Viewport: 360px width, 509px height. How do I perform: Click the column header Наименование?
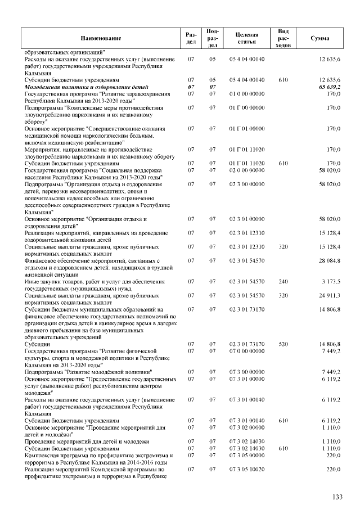[100, 38]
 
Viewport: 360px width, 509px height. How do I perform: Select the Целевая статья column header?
[247, 38]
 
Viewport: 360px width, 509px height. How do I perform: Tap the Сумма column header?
[319, 38]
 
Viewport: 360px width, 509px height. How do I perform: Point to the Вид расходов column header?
[283, 38]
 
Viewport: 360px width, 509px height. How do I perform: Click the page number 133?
[337, 497]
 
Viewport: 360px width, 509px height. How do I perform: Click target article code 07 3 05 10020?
[246, 469]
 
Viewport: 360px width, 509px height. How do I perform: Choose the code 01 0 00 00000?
[246, 94]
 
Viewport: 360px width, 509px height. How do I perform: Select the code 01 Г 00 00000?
[246, 107]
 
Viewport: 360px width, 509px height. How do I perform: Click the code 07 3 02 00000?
[246, 427]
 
